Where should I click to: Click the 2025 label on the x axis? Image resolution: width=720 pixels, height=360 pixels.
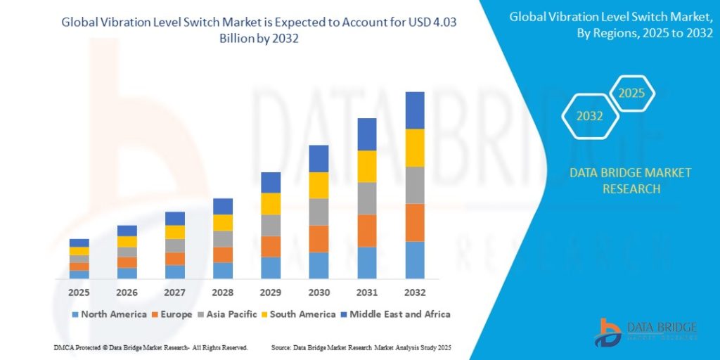pyautogui.click(x=79, y=291)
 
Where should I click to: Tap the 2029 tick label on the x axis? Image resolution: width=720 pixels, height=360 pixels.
pyautogui.click(x=271, y=291)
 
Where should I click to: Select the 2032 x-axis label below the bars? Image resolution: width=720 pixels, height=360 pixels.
pyautogui.click(x=415, y=291)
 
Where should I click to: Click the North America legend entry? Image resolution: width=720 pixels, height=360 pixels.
pyautogui.click(x=109, y=314)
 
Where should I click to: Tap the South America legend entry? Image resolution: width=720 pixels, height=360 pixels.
pyautogui.click(x=300, y=314)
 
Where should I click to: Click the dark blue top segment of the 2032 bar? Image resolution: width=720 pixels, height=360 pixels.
pyautogui.click(x=415, y=110)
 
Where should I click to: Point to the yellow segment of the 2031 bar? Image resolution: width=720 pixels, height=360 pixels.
pyautogui.click(x=367, y=166)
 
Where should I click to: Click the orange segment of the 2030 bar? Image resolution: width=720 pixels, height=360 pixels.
pyautogui.click(x=319, y=239)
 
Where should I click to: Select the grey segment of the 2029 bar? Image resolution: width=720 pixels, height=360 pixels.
pyautogui.click(x=271, y=225)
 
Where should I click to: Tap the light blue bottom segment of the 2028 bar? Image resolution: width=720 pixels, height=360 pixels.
pyautogui.click(x=223, y=271)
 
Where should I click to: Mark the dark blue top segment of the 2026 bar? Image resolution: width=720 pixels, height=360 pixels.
pyautogui.click(x=127, y=231)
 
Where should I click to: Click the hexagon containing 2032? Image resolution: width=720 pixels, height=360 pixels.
pyautogui.click(x=590, y=117)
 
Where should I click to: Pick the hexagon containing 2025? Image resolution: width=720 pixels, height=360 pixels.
pyautogui.click(x=631, y=93)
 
